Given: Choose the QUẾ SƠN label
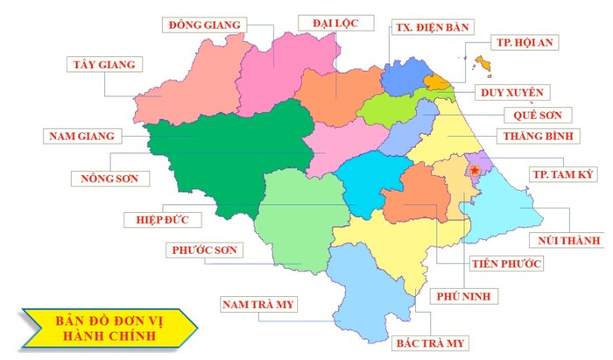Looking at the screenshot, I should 538,115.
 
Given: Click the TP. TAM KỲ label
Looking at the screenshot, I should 562,174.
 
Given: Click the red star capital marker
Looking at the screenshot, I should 475,169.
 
